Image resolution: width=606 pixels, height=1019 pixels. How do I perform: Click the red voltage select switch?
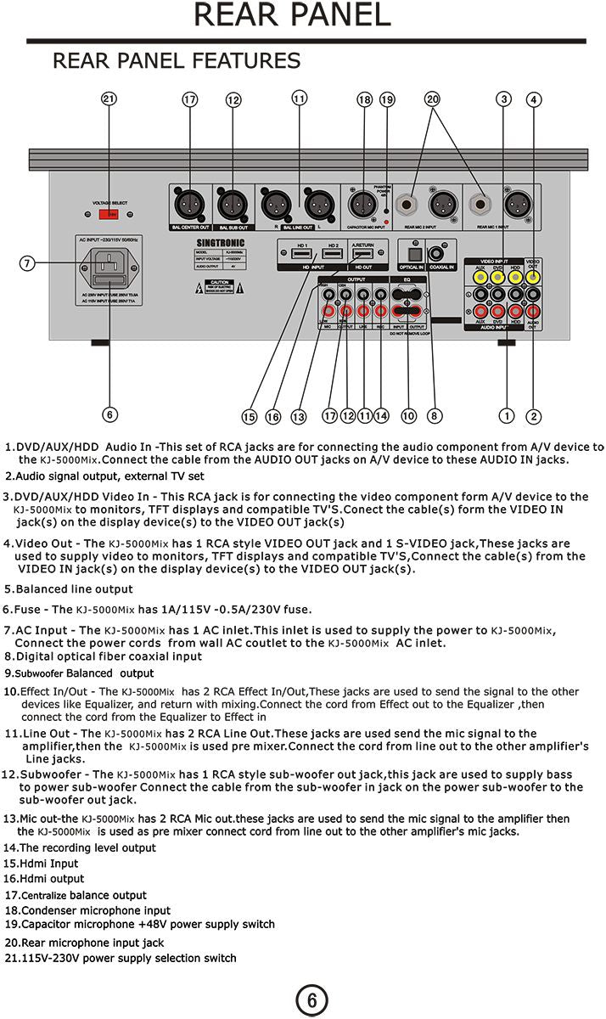pos(109,216)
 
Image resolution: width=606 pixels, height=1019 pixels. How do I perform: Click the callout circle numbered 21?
pos(109,99)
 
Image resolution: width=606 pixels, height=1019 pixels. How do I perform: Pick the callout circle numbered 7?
pos(27,263)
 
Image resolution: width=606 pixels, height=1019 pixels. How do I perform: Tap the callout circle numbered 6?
pos(109,414)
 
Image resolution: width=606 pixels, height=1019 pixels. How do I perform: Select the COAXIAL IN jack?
pos(440,252)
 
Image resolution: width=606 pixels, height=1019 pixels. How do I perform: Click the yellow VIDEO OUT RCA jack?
pos(533,275)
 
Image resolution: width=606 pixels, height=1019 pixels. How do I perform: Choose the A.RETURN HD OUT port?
pos(363,254)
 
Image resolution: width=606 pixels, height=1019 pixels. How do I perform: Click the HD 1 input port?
pos(301,254)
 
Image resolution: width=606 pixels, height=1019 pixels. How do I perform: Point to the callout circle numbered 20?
pos(433,99)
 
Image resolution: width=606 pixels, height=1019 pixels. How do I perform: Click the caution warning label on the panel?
pos(220,286)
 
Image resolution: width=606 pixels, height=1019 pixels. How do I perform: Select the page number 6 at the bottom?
pos(311,1000)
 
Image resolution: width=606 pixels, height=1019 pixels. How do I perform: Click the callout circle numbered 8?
pos(434,416)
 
